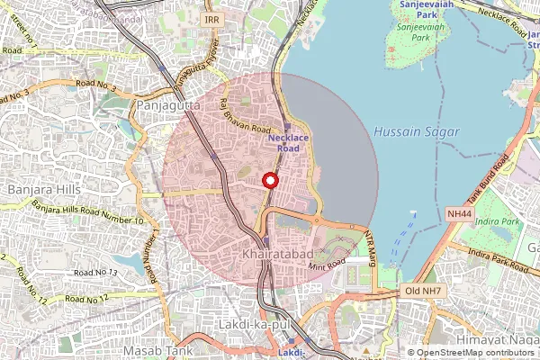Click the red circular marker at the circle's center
tap(268, 180)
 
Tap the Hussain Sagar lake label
tap(415, 131)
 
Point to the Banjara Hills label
tap(43, 190)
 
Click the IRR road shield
tap(211, 19)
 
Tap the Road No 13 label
tap(95, 272)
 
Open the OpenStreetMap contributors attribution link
tap(476, 353)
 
